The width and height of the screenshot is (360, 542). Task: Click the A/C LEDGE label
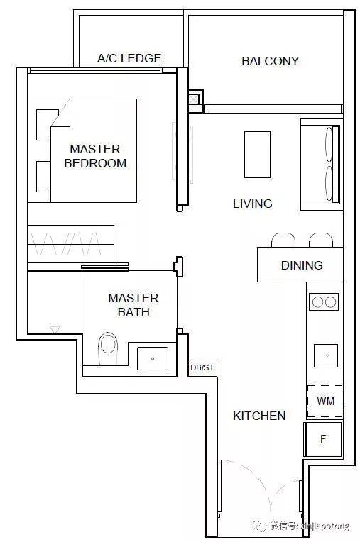tap(129, 58)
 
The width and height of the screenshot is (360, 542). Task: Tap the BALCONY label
tap(270, 61)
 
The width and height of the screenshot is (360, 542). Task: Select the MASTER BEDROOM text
tap(95, 156)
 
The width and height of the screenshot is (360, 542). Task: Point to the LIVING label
tap(253, 204)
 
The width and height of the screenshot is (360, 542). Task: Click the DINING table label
tap(302, 265)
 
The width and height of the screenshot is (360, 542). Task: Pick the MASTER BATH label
tap(133, 305)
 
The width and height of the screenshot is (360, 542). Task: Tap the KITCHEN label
tap(259, 416)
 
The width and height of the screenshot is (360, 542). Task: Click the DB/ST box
tap(202, 367)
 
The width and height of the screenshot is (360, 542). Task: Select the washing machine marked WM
tap(324, 401)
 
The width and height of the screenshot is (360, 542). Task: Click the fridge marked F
tap(322, 439)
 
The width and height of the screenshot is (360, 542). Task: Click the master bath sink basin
tap(153, 358)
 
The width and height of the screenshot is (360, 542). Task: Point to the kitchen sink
tap(326, 355)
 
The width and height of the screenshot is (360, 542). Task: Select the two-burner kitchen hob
tap(324, 302)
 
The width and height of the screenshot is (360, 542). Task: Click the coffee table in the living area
tap(257, 155)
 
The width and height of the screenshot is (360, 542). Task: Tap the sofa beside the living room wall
tap(322, 165)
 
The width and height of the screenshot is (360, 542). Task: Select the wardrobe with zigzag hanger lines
tap(71, 244)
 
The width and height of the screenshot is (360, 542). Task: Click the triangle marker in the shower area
tap(55, 329)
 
